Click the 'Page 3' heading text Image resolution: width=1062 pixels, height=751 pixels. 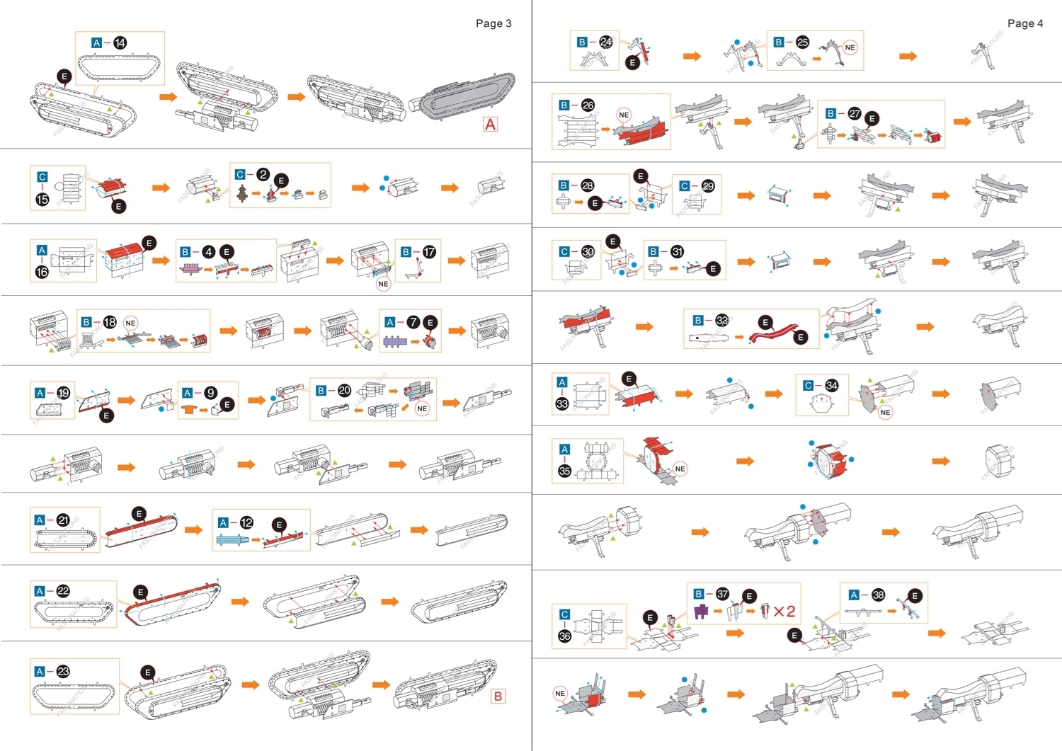[493, 23]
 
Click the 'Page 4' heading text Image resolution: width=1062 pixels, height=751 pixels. [1025, 23]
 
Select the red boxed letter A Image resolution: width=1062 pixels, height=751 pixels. [490, 124]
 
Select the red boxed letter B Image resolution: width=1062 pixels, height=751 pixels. [498, 696]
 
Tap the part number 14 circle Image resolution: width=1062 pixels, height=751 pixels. [120, 43]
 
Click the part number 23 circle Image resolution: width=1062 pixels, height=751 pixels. [63, 672]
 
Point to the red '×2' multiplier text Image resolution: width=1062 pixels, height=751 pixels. [784, 612]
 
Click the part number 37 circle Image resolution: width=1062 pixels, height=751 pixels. [722, 594]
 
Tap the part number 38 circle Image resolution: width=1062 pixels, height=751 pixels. [878, 595]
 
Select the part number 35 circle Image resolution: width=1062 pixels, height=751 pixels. [564, 471]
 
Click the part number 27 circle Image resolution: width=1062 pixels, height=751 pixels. [855, 113]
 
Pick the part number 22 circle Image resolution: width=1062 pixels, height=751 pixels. [63, 591]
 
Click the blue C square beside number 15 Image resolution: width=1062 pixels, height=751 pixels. [42, 177]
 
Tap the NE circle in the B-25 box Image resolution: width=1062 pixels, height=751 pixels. [850, 47]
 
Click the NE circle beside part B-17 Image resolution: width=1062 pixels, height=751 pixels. [383, 284]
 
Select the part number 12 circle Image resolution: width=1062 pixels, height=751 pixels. [246, 522]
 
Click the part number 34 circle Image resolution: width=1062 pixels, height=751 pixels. [832, 386]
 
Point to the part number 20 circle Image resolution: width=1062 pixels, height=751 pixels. [344, 390]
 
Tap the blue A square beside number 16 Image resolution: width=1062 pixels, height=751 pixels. [42, 250]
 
